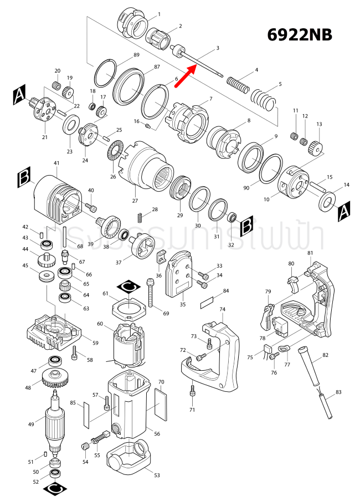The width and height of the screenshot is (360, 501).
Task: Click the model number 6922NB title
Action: click(300, 34)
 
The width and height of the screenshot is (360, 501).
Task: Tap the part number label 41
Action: click(56, 163)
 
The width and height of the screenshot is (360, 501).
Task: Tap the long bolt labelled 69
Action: click(150, 293)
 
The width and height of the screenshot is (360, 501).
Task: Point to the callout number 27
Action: click(135, 201)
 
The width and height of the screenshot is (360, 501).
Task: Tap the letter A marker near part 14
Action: click(344, 211)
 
